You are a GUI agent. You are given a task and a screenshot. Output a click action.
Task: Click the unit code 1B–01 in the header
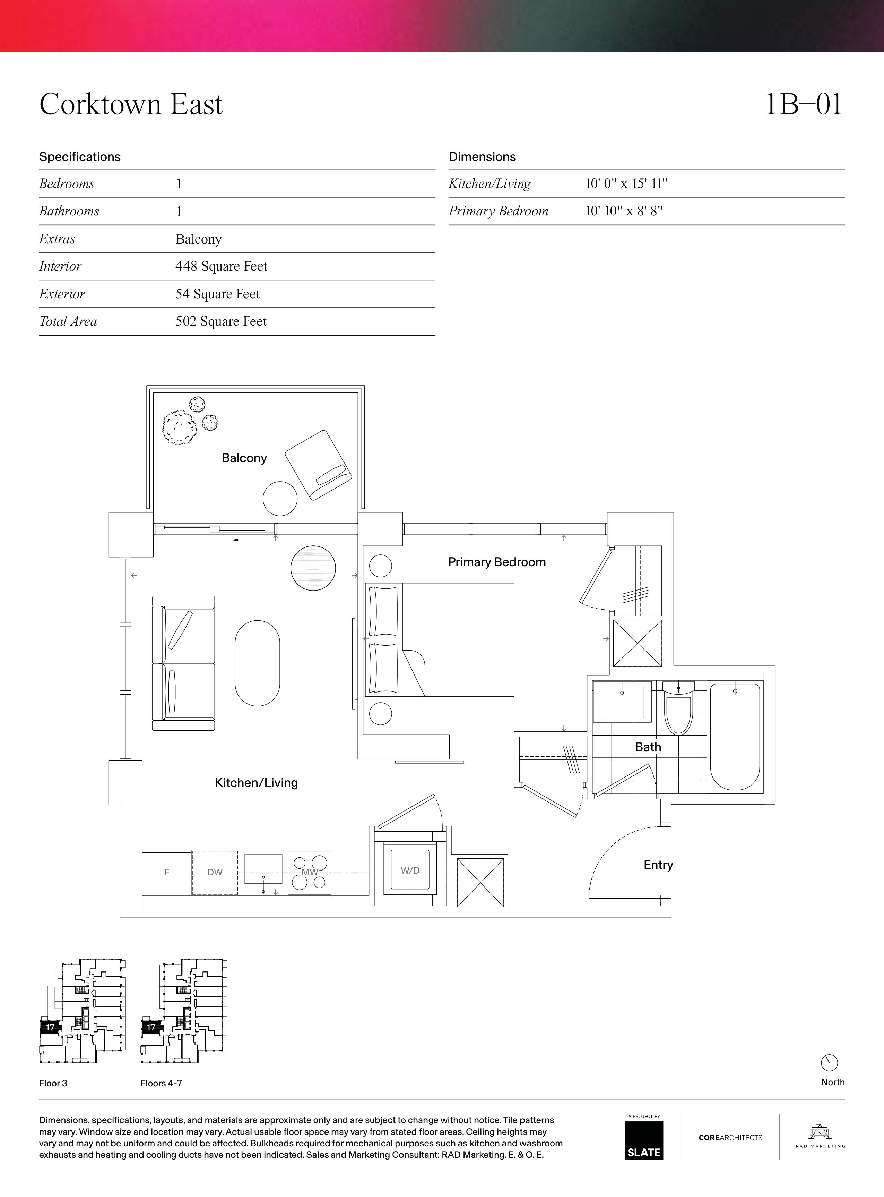point(804,104)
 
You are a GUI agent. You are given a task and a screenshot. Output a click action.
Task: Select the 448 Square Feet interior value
point(221,266)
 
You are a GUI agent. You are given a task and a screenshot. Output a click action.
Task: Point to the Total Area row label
point(68,321)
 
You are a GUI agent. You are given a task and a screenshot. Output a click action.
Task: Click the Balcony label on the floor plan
point(244,458)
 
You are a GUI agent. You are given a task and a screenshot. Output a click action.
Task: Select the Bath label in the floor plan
point(648,747)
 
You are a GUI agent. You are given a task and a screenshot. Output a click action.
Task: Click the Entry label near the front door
point(658,865)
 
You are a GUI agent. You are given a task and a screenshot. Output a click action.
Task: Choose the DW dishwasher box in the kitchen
point(215,873)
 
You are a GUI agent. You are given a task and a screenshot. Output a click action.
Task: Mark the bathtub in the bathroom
point(735,736)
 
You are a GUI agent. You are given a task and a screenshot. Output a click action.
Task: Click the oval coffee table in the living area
point(257,663)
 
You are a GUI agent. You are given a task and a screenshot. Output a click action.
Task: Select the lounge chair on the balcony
point(318,465)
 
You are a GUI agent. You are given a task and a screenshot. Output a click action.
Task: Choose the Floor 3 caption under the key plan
point(53,1083)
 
